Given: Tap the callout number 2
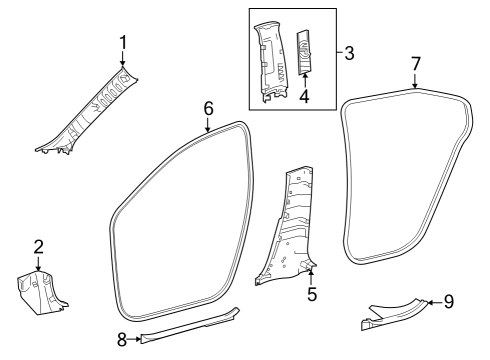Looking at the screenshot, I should [38, 247].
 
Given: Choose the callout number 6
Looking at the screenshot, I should [208, 107].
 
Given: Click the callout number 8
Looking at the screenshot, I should [123, 341].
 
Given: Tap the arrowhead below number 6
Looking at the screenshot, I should [208, 130].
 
